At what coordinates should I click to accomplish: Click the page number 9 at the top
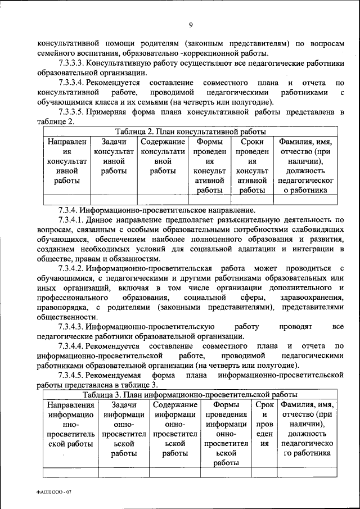pyautogui.click(x=191, y=24)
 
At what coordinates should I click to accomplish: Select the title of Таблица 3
pyautogui.click(x=190, y=394)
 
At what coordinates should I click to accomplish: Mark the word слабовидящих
pyautogui.click(x=314, y=229)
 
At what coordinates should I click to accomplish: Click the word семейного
pyautogui.click(x=57, y=53)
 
